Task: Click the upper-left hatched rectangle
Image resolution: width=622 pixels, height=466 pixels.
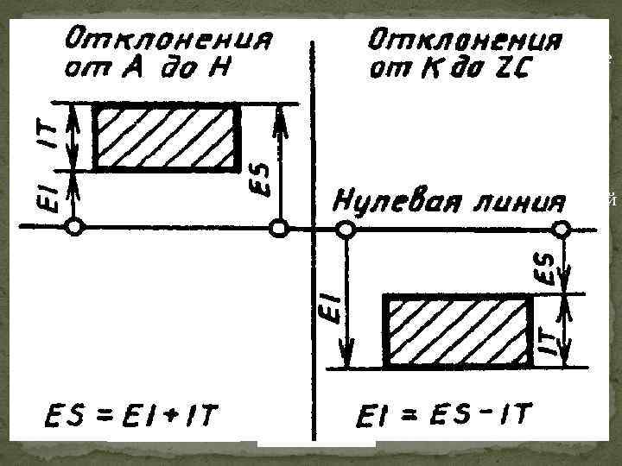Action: tap(166, 136)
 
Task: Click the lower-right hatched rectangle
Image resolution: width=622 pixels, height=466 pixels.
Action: tap(459, 331)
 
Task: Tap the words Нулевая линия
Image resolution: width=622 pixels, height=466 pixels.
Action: tap(448, 202)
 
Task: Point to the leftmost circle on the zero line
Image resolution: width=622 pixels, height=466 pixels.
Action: tap(75, 228)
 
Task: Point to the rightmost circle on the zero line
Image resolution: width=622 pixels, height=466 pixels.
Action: tap(562, 229)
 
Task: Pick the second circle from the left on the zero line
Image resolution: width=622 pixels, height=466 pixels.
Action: tap(278, 228)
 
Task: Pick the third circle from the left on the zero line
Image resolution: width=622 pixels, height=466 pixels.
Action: tap(344, 229)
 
